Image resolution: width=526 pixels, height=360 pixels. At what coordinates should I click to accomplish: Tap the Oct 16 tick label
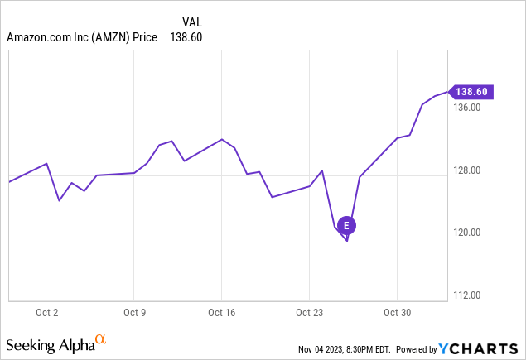(x=222, y=314)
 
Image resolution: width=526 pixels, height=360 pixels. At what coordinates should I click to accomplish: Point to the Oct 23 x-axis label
(x=310, y=314)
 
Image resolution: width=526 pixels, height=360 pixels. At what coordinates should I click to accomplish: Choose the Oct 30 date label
(x=398, y=314)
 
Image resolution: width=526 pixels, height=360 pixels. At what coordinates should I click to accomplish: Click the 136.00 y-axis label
(x=469, y=108)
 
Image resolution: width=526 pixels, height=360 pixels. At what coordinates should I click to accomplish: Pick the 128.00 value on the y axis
(x=469, y=170)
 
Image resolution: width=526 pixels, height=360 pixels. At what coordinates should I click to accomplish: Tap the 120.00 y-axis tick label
(x=469, y=233)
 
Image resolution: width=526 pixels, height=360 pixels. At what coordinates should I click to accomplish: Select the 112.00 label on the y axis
(x=469, y=295)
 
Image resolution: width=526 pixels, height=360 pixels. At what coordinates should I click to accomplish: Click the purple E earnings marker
(x=347, y=224)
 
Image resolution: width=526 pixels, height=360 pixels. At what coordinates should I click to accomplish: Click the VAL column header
(x=191, y=22)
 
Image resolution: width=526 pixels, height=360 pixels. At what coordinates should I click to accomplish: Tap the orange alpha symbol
(x=101, y=339)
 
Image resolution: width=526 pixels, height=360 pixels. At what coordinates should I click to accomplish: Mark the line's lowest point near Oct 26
(x=347, y=241)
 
